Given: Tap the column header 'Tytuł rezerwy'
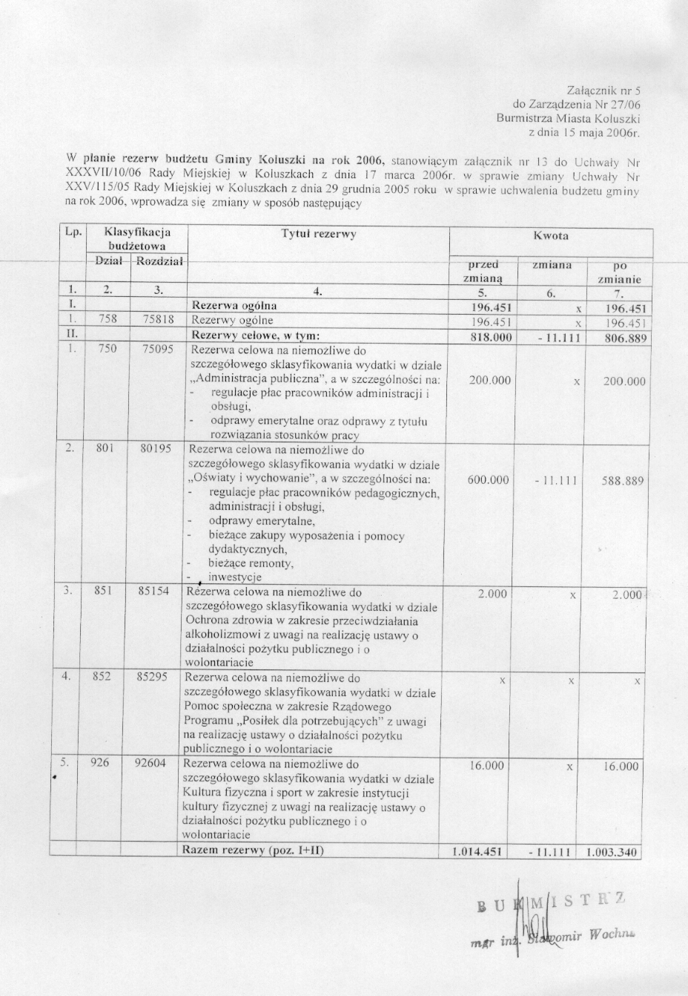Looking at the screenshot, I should coord(318,235).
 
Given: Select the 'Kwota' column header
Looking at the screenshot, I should coord(551,236).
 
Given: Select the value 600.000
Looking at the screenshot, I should coord(489,480).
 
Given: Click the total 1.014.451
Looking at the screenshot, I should coord(478,852).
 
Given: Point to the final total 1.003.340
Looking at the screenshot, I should coord(612,852).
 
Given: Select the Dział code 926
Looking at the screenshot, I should coord(99,764).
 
